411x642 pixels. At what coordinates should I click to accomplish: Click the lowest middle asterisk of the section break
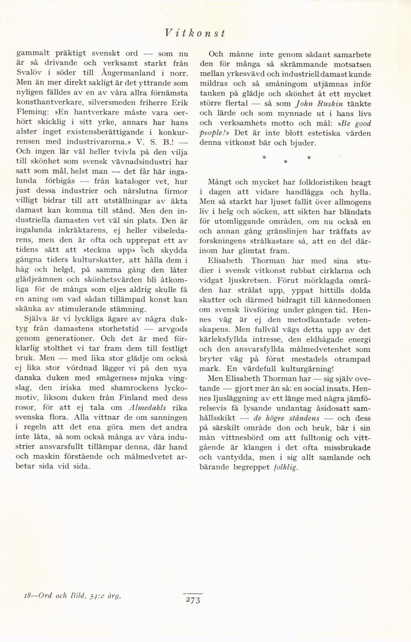285,162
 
